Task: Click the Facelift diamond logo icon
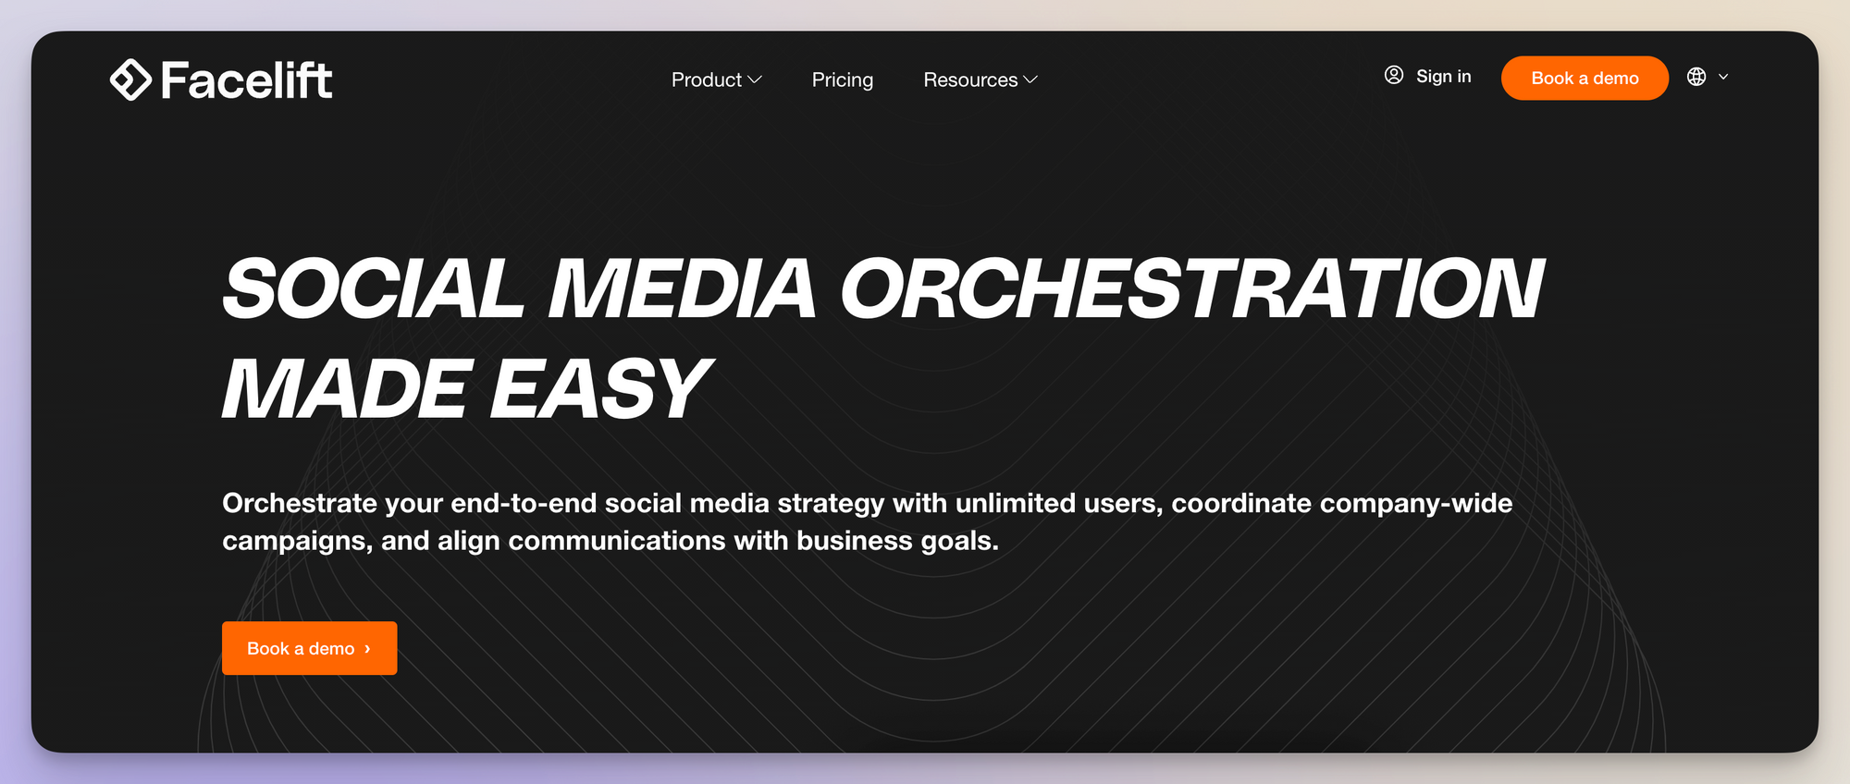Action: click(130, 80)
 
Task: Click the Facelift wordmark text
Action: click(246, 80)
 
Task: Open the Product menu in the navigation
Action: click(707, 80)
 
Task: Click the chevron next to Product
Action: click(755, 80)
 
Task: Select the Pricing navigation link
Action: click(843, 80)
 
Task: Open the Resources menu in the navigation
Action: click(970, 80)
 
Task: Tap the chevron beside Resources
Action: click(1030, 80)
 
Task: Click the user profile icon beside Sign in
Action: click(1394, 75)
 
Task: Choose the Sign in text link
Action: click(1443, 77)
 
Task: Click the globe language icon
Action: click(1696, 77)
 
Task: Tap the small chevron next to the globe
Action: click(1723, 77)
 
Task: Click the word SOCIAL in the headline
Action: click(374, 288)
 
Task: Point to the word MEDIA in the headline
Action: click(682, 288)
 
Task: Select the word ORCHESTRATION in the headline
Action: click(1191, 288)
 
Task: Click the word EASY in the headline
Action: click(599, 389)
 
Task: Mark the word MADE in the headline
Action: click(344, 389)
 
